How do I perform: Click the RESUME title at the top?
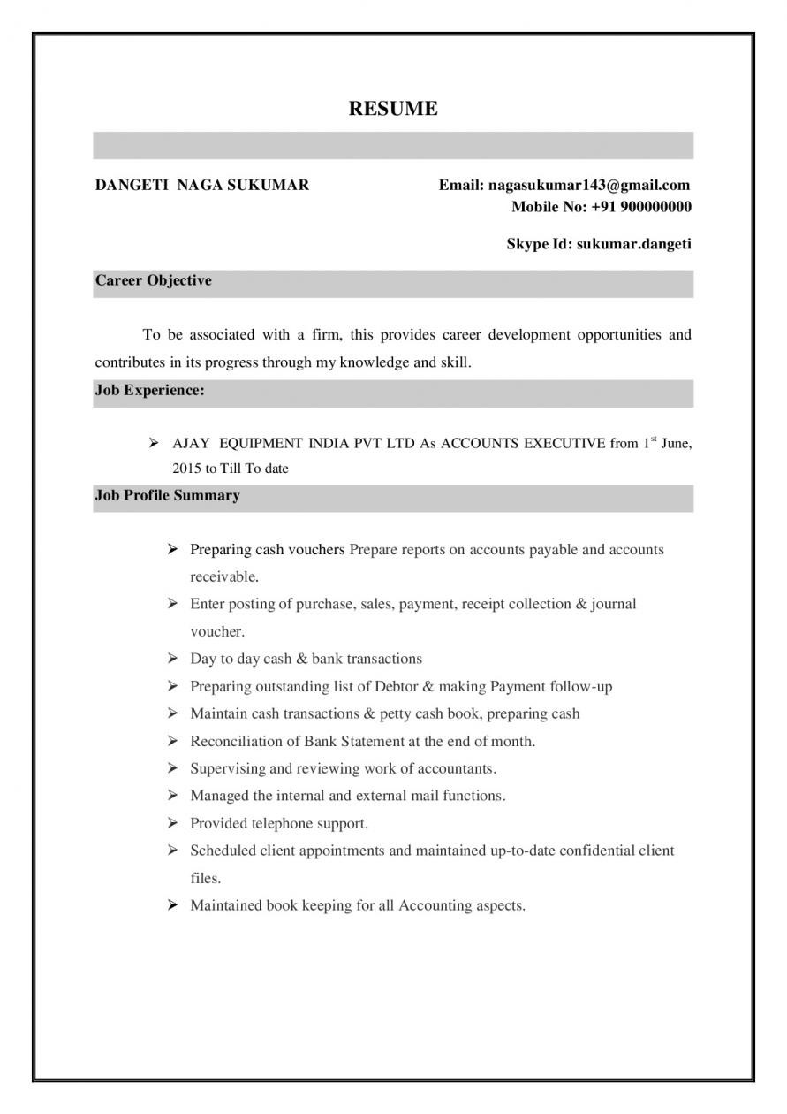[x=393, y=109]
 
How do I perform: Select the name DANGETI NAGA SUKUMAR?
[x=202, y=185]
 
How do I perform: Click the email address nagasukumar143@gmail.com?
[x=588, y=185]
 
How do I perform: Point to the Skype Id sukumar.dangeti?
[x=633, y=243]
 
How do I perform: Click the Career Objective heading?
[x=154, y=281]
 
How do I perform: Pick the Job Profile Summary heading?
[x=167, y=496]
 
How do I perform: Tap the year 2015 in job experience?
[x=188, y=469]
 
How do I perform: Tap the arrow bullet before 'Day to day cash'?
[x=173, y=660]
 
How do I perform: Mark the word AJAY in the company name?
[x=191, y=444]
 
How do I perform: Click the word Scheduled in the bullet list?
[x=223, y=851]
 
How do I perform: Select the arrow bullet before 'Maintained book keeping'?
[x=173, y=906]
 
